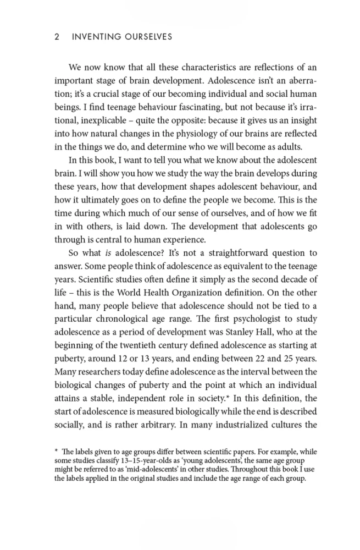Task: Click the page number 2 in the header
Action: click(x=57, y=37)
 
